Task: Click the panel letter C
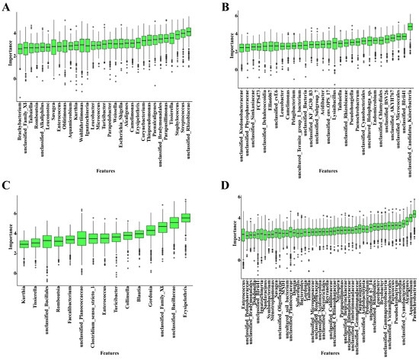(x=5, y=185)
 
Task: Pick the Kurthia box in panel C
(x=24, y=244)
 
